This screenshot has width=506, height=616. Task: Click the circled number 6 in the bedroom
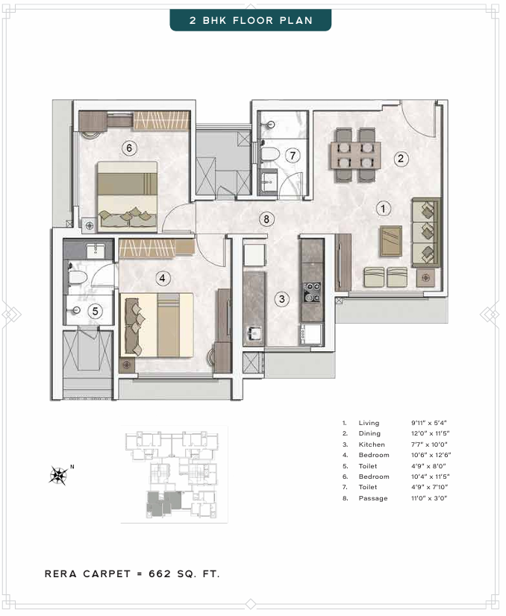click(129, 148)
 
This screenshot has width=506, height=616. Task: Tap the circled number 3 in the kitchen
click(281, 299)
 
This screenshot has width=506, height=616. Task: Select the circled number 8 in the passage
click(266, 219)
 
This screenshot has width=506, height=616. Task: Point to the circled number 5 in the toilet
click(95, 311)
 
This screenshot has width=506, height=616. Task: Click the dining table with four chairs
click(355, 155)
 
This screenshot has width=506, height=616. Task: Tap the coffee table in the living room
click(391, 241)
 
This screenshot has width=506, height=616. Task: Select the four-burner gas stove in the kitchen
click(312, 292)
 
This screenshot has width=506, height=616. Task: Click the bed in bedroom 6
click(128, 196)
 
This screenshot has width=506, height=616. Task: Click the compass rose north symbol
click(59, 475)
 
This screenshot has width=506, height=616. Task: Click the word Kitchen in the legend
click(372, 444)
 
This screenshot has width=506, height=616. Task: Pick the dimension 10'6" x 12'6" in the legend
click(431, 455)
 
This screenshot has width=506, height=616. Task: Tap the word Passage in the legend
click(373, 498)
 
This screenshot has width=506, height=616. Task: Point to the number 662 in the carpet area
click(160, 573)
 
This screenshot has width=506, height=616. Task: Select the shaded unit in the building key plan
click(163, 503)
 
